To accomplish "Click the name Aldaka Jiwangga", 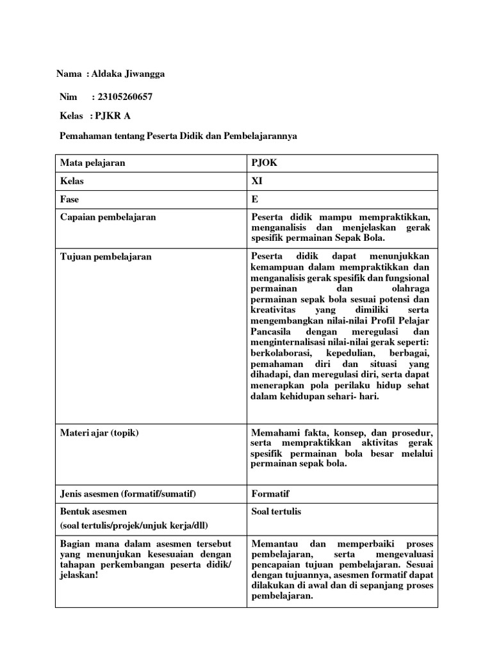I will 128,74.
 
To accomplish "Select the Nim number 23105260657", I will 122,97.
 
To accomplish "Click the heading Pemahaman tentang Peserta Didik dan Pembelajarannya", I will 178,136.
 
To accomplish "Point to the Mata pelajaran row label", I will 93,163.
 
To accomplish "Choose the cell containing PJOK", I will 265,163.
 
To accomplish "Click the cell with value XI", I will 258,181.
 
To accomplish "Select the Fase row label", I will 69,199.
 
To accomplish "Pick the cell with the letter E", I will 255,199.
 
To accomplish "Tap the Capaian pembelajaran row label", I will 108,217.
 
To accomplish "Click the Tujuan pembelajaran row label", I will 106,256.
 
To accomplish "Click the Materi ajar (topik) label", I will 99,432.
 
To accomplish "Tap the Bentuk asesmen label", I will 94,511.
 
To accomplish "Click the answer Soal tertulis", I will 276,511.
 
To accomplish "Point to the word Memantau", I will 274,543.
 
